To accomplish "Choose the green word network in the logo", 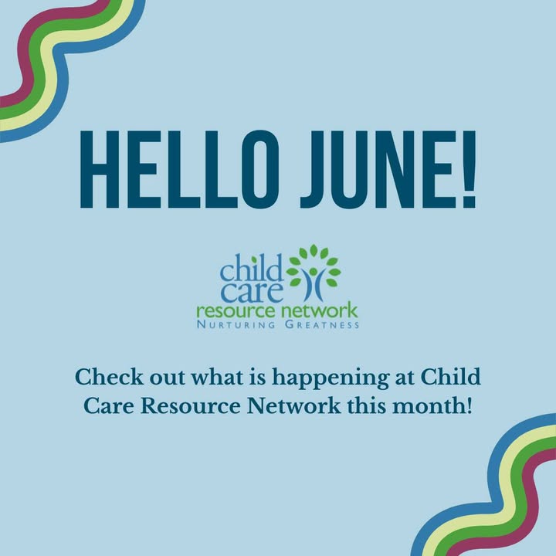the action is [319, 310].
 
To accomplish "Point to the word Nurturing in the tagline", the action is [236, 325].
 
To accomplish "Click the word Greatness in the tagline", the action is [322, 325].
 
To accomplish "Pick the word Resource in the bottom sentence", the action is [191, 405].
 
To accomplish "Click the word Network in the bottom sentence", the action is [293, 405].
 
